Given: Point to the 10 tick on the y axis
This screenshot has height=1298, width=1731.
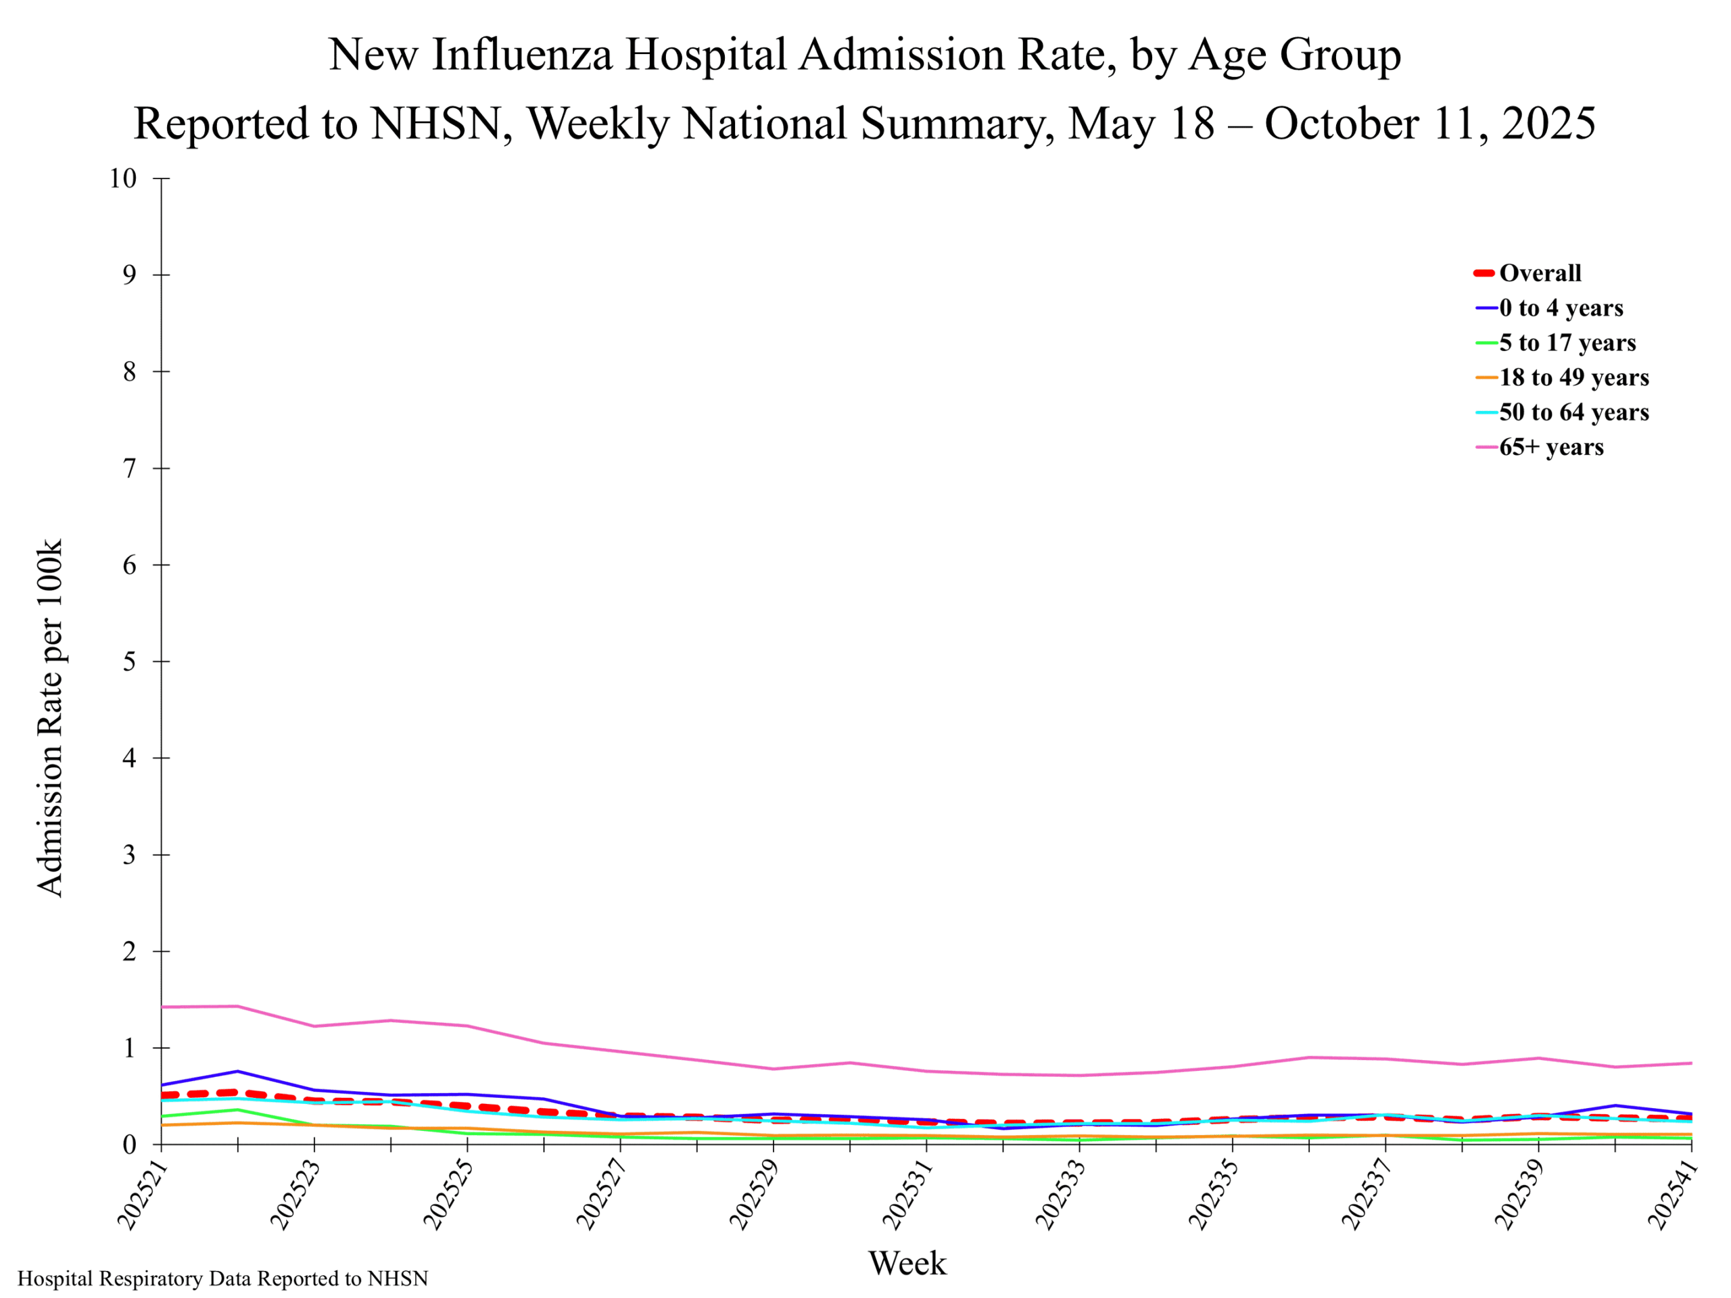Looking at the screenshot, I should tap(123, 178).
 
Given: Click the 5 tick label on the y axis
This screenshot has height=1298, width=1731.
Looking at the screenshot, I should tap(129, 661).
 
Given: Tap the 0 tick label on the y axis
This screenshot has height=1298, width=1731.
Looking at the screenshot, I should tap(129, 1145).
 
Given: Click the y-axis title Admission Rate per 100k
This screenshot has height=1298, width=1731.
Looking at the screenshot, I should tap(49, 717).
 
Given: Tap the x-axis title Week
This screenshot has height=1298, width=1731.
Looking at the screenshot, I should tap(907, 1263).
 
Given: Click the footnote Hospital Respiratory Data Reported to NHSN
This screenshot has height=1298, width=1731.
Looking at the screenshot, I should tap(223, 1278).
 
